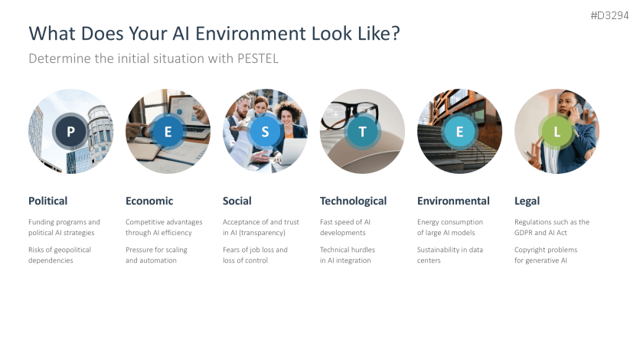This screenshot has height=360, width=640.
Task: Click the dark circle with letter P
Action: (70, 132)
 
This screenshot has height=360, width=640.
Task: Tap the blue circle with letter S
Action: (265, 132)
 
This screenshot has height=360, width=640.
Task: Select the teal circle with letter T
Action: (362, 132)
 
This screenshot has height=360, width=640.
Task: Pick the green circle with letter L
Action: (557, 132)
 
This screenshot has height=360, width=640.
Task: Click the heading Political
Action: (47, 201)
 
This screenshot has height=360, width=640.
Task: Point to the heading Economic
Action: (149, 201)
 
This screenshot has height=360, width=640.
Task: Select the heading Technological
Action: (353, 201)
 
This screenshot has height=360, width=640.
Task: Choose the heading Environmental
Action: (453, 201)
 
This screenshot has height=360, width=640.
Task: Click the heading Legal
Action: (527, 201)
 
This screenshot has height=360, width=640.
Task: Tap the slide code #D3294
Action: (609, 15)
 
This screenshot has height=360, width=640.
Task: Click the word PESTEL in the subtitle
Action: (258, 58)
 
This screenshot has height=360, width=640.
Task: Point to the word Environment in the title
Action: (251, 34)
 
